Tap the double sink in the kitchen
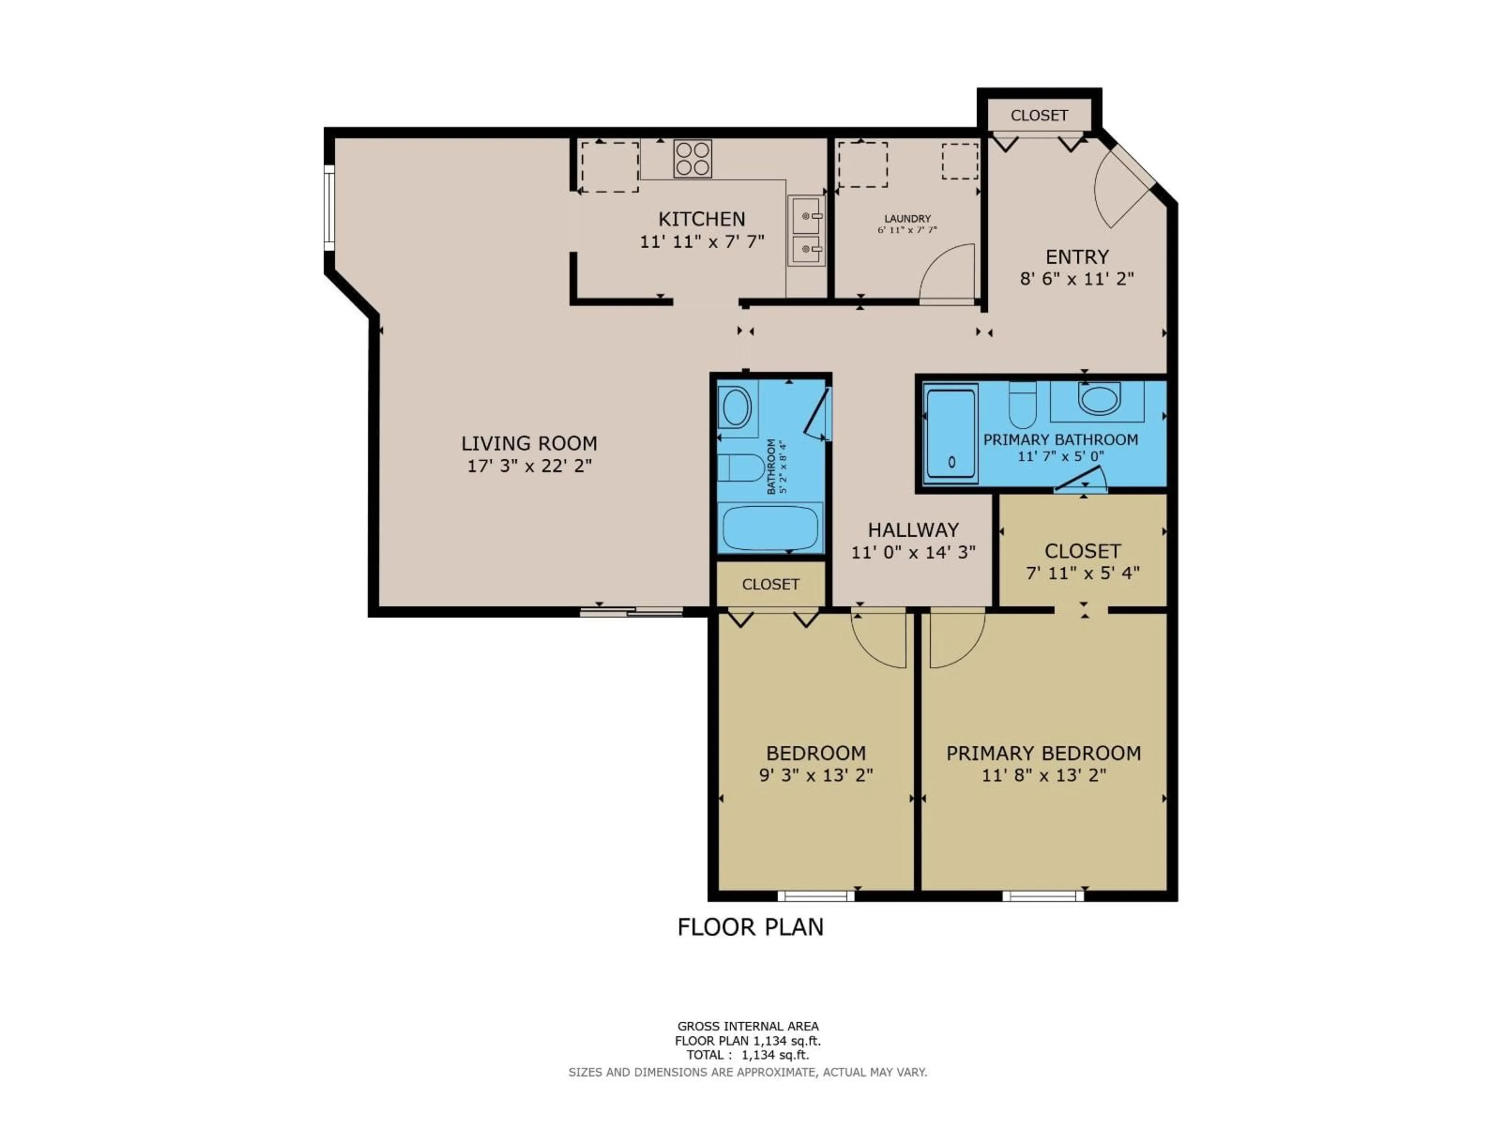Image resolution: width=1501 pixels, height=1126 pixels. [x=806, y=231]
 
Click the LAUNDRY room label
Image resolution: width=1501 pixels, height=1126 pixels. [x=907, y=219]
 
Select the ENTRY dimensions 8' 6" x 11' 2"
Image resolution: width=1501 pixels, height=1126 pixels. [x=1077, y=278]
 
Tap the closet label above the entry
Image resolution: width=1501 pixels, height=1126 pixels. [x=1039, y=115]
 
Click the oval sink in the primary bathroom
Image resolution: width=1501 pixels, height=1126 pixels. [x=1099, y=399]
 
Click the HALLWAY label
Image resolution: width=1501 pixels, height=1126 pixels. [x=913, y=529]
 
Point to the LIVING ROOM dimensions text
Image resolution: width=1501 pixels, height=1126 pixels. [x=529, y=466]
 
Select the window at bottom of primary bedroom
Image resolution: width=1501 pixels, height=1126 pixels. [x=1043, y=896]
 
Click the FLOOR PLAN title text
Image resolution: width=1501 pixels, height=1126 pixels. [x=750, y=927]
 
